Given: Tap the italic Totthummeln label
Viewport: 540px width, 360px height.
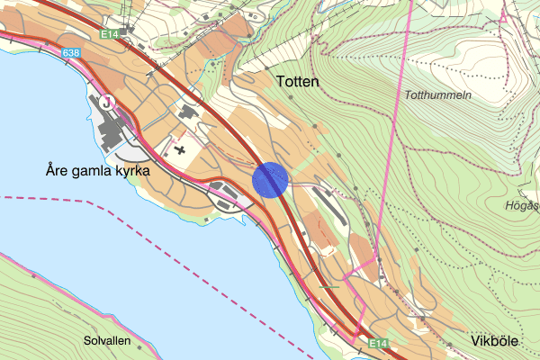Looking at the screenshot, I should click(x=438, y=95).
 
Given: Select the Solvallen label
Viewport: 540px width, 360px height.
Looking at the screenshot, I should click(x=107, y=341).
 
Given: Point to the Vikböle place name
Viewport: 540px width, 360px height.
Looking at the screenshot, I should click(x=496, y=342).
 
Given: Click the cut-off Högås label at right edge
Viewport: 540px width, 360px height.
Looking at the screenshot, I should click(x=523, y=206).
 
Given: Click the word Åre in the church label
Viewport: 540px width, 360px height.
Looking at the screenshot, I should click(x=58, y=169).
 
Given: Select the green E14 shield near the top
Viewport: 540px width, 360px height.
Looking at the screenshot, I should click(x=111, y=34).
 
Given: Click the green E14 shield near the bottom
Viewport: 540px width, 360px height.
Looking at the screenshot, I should click(x=378, y=343).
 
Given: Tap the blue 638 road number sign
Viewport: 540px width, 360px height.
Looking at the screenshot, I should click(x=71, y=54).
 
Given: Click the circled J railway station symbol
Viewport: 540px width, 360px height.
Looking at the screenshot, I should click(x=109, y=101).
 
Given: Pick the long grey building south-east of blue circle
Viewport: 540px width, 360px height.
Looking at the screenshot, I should click(x=330, y=211).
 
